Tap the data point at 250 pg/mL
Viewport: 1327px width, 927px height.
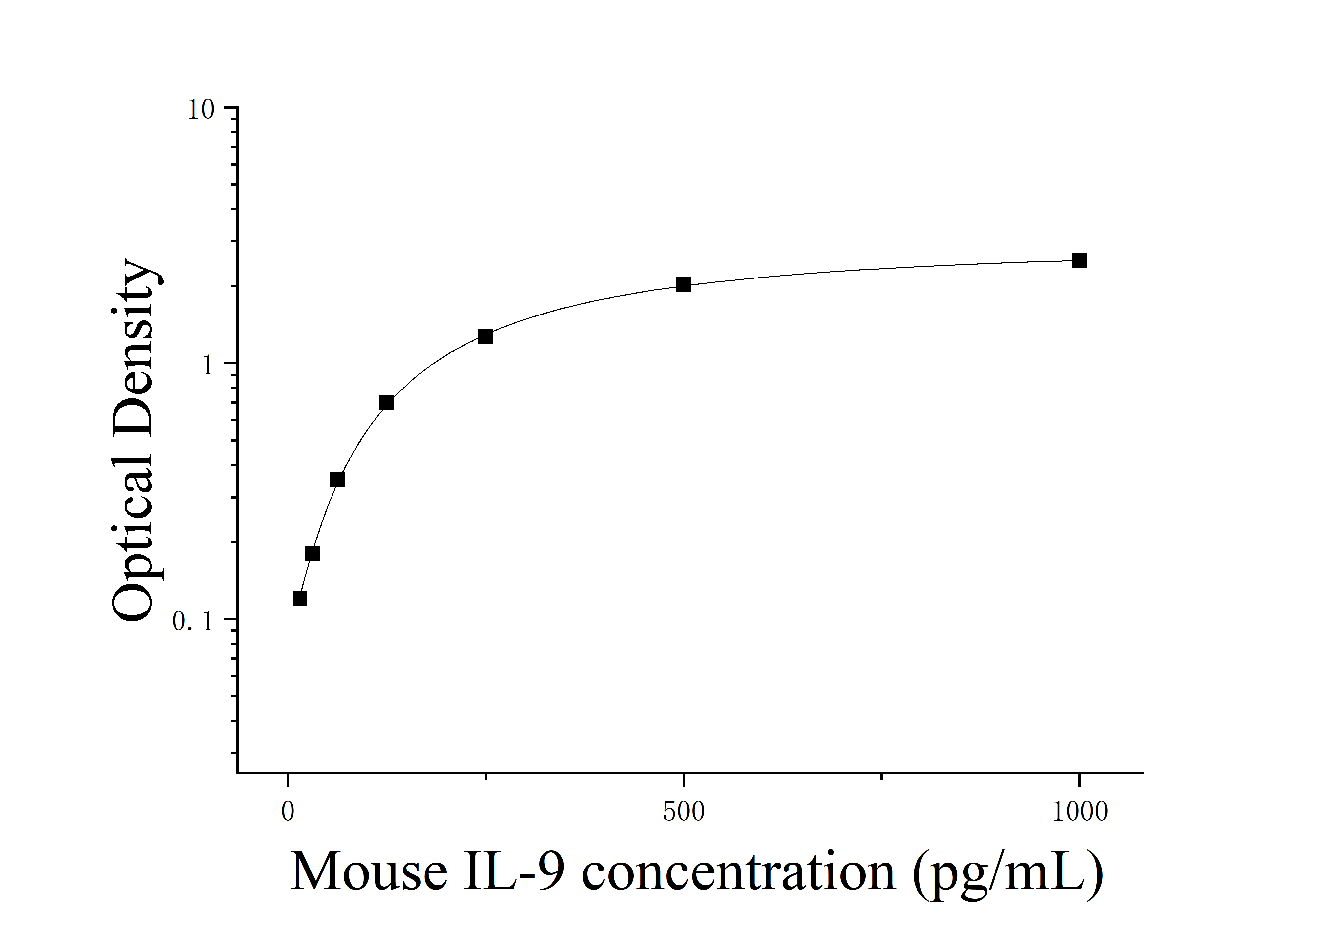click(x=486, y=336)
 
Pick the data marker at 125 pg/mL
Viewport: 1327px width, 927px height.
click(x=387, y=403)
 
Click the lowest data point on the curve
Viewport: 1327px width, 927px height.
click(x=299, y=598)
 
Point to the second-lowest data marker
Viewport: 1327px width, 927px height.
click(x=312, y=553)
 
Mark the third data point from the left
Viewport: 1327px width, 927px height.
click(x=337, y=479)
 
